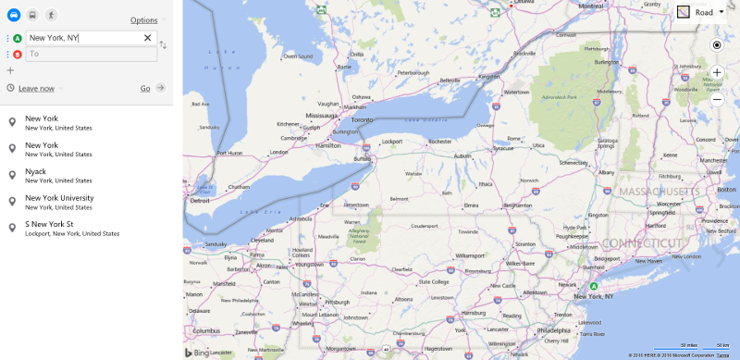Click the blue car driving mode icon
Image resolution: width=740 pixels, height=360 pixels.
13,16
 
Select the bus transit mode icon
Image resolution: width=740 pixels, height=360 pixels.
32,16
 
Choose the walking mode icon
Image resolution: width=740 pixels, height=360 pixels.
51,16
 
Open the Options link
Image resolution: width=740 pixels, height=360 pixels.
143,19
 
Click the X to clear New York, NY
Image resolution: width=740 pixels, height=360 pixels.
147,38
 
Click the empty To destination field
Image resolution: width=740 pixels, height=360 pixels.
90,55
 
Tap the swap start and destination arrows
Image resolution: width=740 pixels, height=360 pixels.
164,44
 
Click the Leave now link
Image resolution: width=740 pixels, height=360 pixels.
36,88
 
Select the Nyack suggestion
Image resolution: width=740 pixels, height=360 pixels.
34,171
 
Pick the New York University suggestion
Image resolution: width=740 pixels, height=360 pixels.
59,198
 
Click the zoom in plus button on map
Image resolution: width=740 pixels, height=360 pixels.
717,71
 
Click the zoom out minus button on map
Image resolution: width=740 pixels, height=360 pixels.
717,98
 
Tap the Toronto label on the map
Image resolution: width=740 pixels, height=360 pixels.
362,120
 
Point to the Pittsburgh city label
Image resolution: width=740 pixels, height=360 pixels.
337,302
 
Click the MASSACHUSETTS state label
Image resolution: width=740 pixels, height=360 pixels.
659,192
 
